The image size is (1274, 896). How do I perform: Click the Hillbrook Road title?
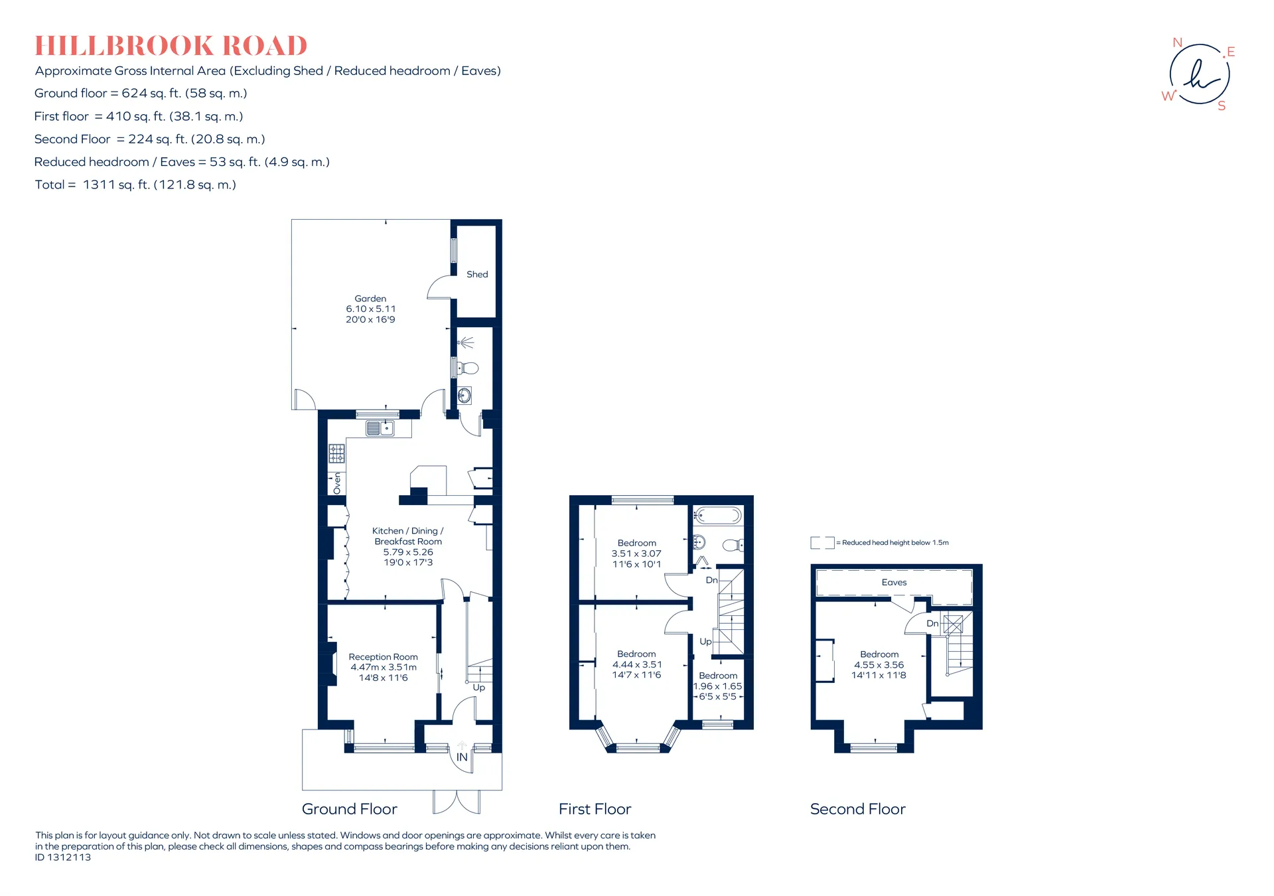[x=171, y=46]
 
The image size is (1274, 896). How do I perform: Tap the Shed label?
[x=477, y=274]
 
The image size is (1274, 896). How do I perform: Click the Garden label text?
[x=370, y=299]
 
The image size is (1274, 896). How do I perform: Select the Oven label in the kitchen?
[x=337, y=483]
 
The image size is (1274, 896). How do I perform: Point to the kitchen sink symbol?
[x=380, y=429]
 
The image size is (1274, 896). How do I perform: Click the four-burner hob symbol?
[x=337, y=454]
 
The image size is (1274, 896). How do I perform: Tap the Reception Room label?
[x=384, y=656]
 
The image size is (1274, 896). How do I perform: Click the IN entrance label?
[x=462, y=757]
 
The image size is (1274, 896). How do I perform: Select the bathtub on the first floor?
[x=718, y=515]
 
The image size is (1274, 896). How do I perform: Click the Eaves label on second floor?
[x=894, y=582]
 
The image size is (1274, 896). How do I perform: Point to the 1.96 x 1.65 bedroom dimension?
[x=717, y=686]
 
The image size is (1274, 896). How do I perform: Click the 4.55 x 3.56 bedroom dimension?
[x=879, y=664]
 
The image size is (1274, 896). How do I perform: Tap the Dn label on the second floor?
[x=932, y=623]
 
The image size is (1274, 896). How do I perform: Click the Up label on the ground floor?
[x=478, y=688]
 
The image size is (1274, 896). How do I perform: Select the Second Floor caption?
[x=858, y=809]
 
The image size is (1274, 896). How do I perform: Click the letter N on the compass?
[x=1177, y=42]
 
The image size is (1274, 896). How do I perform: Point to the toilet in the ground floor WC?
[x=468, y=368]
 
